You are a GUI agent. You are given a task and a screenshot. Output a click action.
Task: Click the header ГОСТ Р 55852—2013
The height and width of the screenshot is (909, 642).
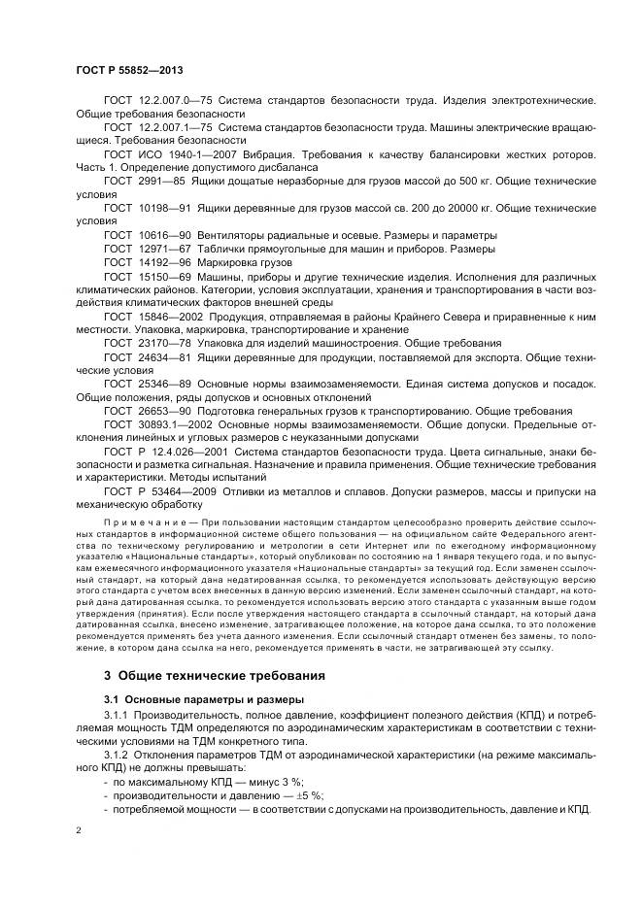pos(128,71)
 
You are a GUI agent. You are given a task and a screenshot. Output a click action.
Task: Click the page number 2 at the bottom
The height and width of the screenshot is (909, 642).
pos(80,832)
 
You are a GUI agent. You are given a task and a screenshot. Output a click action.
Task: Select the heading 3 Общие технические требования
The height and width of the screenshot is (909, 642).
pos(214,675)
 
